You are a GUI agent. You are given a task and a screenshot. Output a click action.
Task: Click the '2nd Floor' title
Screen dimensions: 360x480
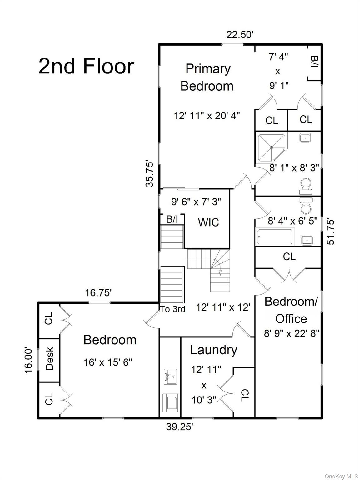[x=86, y=66]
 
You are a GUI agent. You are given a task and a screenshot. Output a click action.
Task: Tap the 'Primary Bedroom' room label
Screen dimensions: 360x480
[x=207, y=77]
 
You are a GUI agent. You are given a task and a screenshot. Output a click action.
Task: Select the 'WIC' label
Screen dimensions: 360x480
[x=208, y=222]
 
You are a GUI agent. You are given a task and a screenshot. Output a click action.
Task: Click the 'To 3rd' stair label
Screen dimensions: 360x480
[x=173, y=309]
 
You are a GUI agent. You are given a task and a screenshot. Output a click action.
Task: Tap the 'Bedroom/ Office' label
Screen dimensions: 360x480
[x=291, y=310]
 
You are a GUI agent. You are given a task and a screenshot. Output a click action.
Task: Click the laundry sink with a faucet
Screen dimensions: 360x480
[x=171, y=377]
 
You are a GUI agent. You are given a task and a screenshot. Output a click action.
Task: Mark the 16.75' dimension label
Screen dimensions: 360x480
[x=98, y=292]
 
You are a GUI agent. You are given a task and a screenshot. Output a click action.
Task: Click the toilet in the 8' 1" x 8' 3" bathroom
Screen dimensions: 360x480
[x=306, y=186]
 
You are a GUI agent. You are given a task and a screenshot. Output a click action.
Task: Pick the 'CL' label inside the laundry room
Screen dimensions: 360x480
[x=245, y=395]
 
